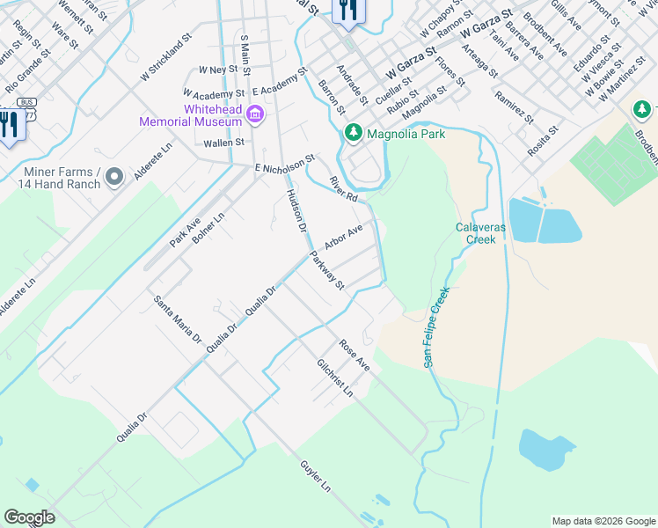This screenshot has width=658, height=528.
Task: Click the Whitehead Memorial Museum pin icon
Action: pyautogui.click(x=255, y=114)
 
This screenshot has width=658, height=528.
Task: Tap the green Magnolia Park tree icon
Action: pyautogui.click(x=353, y=133)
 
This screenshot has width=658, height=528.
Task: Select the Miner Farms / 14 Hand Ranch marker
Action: pyautogui.click(x=113, y=178)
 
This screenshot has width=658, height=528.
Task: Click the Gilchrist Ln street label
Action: pyautogui.click(x=335, y=378)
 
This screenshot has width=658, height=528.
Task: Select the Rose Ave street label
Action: pyautogui.click(x=355, y=356)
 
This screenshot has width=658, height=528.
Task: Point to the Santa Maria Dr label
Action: pyautogui.click(x=178, y=319)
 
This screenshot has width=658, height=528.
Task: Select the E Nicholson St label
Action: pyautogui.click(x=284, y=165)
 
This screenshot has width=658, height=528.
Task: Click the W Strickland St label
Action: pyautogui.click(x=165, y=59)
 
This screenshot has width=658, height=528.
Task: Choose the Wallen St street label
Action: pyautogui.click(x=223, y=141)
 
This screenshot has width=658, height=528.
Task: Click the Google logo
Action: pyautogui.click(x=29, y=517)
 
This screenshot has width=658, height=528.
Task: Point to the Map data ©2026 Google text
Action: pyautogui.click(x=603, y=521)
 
